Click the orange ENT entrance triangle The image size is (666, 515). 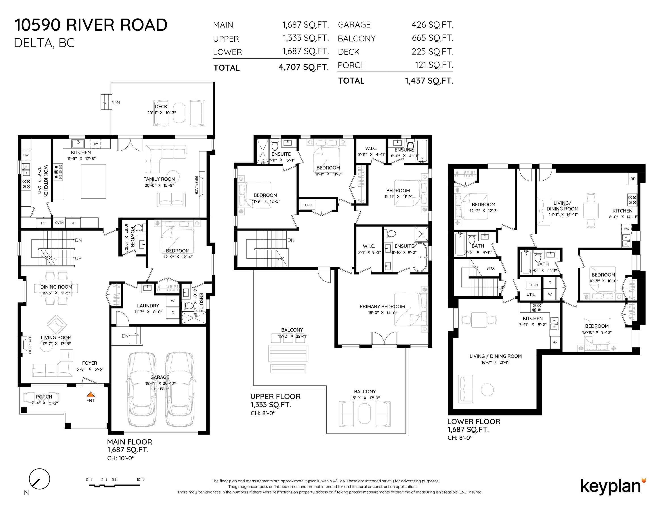coord(90,395)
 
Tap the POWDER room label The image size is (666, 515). coord(132,236)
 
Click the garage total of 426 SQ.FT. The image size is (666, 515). coord(432,25)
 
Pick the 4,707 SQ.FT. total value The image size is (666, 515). coord(303,67)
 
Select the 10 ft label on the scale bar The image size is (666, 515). coord(140,479)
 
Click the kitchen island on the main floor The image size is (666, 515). coord(94,182)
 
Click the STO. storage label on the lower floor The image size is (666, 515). coord(490,268)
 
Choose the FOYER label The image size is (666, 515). coord(89,363)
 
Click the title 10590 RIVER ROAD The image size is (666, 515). coord(91,25)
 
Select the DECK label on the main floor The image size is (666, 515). coord(161,106)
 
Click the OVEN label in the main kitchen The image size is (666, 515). coord(59,223)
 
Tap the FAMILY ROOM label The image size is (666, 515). coord(159,179)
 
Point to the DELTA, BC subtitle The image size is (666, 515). coord(44,43)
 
